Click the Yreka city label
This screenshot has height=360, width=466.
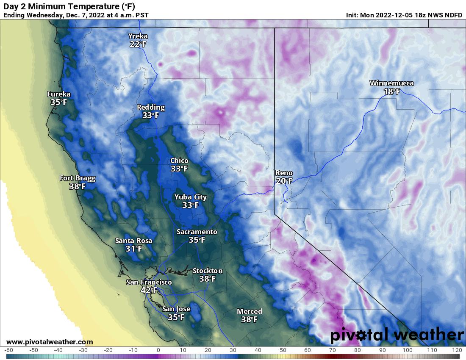coord(138,36)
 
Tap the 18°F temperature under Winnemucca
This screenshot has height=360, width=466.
coord(391,91)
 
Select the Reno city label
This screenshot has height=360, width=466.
coord(284,173)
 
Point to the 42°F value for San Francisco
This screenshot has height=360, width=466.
coord(149,291)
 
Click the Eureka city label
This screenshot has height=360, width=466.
coord(59,94)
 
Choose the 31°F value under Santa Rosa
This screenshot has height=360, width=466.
coord(134,249)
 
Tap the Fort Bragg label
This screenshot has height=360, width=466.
coord(78,178)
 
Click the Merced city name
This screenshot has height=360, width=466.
coord(250,311)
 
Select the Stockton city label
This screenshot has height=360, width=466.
coord(208,271)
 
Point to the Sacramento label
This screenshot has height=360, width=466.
coord(197,232)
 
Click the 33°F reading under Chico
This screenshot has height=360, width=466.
coord(179,169)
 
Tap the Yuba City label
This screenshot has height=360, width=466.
coord(191,197)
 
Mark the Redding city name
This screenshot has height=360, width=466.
coord(151,107)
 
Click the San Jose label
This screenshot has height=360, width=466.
coord(176,309)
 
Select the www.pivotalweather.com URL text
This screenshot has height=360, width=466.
coord(50,342)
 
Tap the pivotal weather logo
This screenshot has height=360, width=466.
coord(397,335)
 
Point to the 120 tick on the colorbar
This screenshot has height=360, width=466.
coord(457,350)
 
